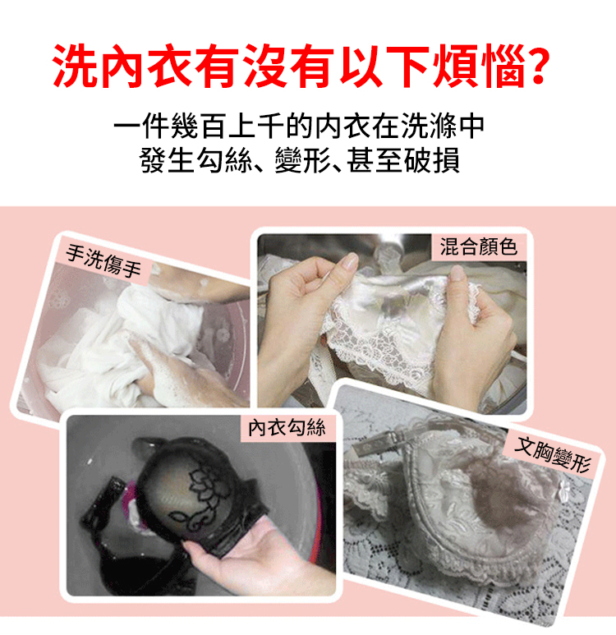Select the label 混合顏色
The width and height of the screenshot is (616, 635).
click(479, 246)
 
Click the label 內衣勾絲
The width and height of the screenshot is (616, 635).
click(287, 427)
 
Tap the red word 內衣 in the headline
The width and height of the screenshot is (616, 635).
click(122, 66)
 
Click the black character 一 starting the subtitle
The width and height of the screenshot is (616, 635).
click(127, 127)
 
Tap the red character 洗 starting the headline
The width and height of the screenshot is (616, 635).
click(75, 66)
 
